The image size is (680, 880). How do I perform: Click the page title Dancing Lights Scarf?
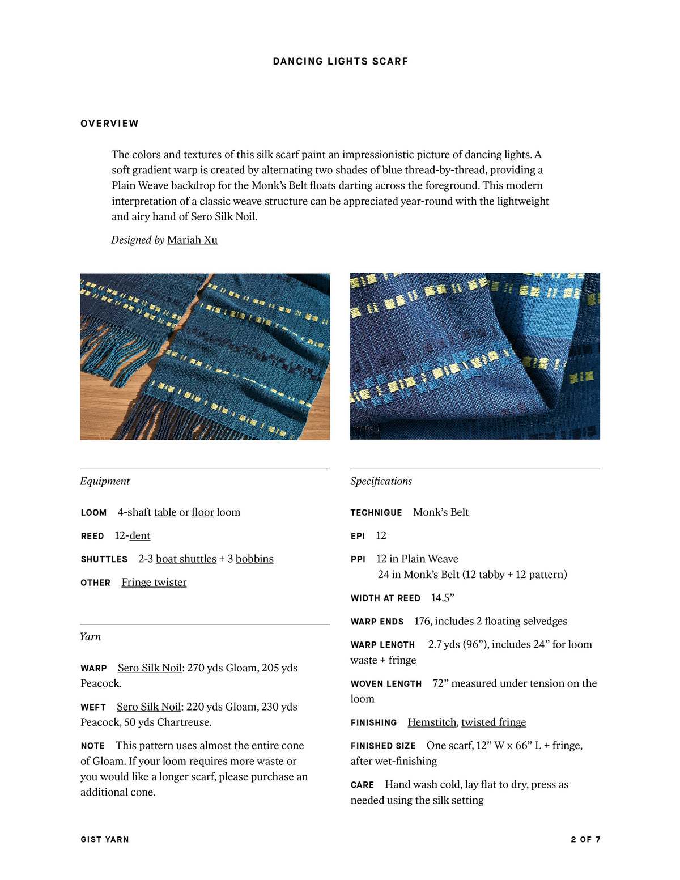pyautogui.click(x=340, y=61)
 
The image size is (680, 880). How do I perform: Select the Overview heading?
pyautogui.click(x=109, y=124)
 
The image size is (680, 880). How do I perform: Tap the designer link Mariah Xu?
pyautogui.click(x=192, y=240)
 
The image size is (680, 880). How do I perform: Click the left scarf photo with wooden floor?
pyautogui.click(x=205, y=356)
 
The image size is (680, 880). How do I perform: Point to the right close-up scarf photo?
pyautogui.click(x=475, y=356)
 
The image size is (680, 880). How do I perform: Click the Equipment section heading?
pyautogui.click(x=105, y=481)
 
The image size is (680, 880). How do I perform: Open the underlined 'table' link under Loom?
pyautogui.click(x=165, y=512)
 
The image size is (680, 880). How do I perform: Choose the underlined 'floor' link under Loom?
pyautogui.click(x=202, y=512)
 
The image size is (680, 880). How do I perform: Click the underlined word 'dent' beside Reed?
pyautogui.click(x=140, y=535)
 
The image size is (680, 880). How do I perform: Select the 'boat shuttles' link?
pyautogui.click(x=186, y=559)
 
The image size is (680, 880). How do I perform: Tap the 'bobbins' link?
pyautogui.click(x=254, y=559)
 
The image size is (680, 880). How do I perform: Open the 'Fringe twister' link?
pyautogui.click(x=154, y=582)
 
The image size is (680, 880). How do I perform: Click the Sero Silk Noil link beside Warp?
pyautogui.click(x=150, y=668)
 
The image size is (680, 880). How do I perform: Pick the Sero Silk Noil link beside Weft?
pyautogui.click(x=148, y=707)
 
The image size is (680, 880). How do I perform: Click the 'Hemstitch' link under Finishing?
pyautogui.click(x=432, y=722)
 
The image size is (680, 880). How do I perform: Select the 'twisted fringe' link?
pyautogui.click(x=494, y=722)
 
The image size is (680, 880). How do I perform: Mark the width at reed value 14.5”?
pyautogui.click(x=443, y=598)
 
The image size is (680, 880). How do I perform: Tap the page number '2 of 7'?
pyautogui.click(x=585, y=839)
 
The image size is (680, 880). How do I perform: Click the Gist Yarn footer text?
pyautogui.click(x=105, y=839)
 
